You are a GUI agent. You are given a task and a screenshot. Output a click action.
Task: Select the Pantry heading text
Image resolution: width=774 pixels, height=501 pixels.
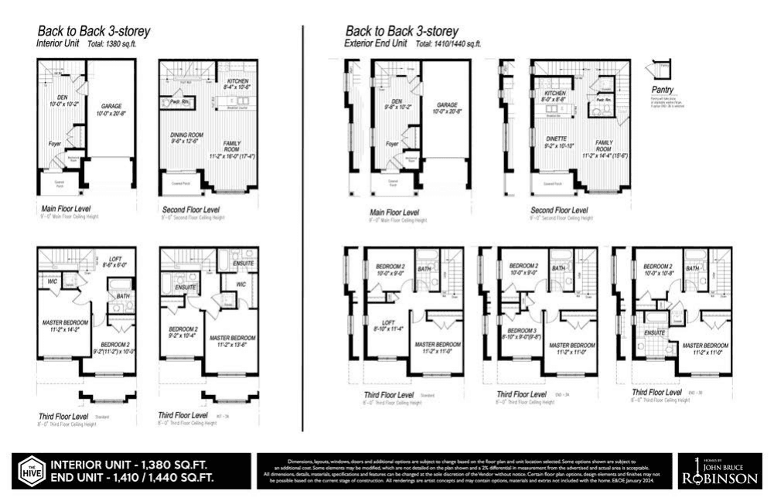(663, 90)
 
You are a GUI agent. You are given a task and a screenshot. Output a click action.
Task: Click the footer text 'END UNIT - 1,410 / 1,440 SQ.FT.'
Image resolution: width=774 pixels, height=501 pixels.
(132, 479)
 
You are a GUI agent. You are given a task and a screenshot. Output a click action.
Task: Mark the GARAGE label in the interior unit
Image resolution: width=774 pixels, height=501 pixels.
(111, 109)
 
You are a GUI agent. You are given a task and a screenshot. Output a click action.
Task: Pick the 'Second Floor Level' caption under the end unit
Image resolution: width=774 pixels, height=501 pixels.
(558, 211)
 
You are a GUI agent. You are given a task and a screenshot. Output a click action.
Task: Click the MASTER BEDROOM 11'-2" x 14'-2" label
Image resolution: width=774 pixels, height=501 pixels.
(65, 325)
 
